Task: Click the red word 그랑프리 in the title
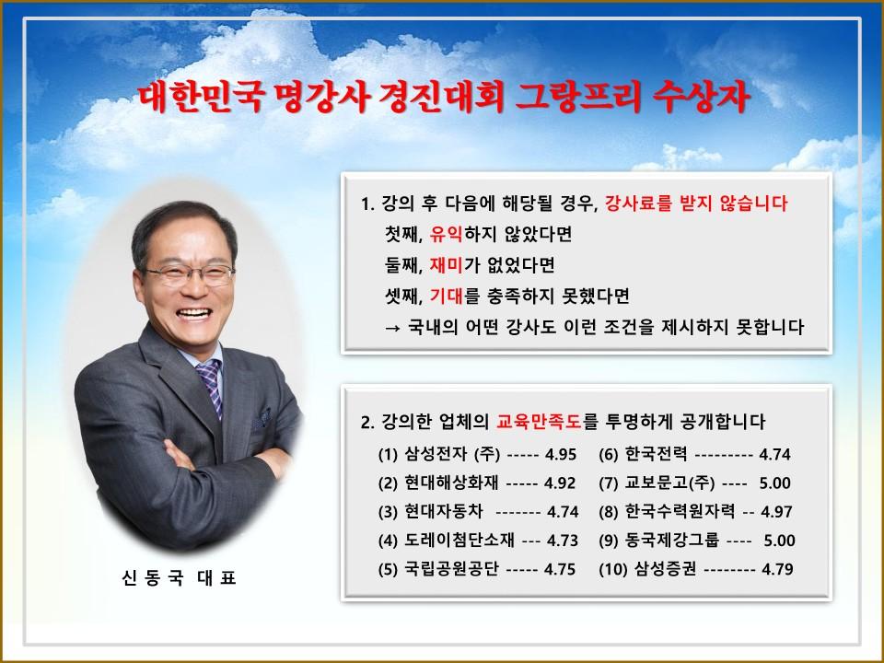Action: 578,97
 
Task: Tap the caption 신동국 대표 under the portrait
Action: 179,578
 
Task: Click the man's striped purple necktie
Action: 210,387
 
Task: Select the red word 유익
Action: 446,234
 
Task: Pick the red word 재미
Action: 446,265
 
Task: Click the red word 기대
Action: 446,296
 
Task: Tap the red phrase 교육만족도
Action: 539,421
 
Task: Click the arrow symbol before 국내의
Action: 393,328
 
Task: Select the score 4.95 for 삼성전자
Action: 561,454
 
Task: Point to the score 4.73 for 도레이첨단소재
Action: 563,541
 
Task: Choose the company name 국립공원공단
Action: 451,569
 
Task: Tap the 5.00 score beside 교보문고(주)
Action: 775,483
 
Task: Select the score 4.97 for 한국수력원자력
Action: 776,512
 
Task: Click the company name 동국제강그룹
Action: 672,541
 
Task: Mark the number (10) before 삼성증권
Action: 613,569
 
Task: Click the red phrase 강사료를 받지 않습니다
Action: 696,203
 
